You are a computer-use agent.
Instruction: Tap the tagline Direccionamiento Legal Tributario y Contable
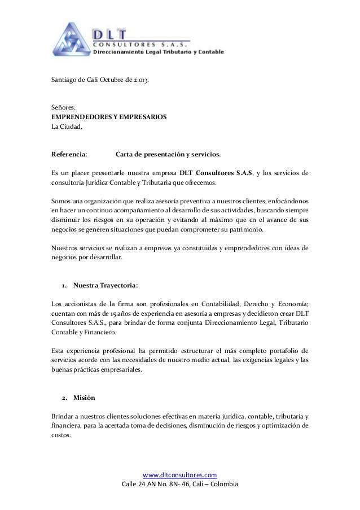coord(158,53)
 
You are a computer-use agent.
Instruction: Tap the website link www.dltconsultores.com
coord(180,475)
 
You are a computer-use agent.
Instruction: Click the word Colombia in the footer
coord(225,485)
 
